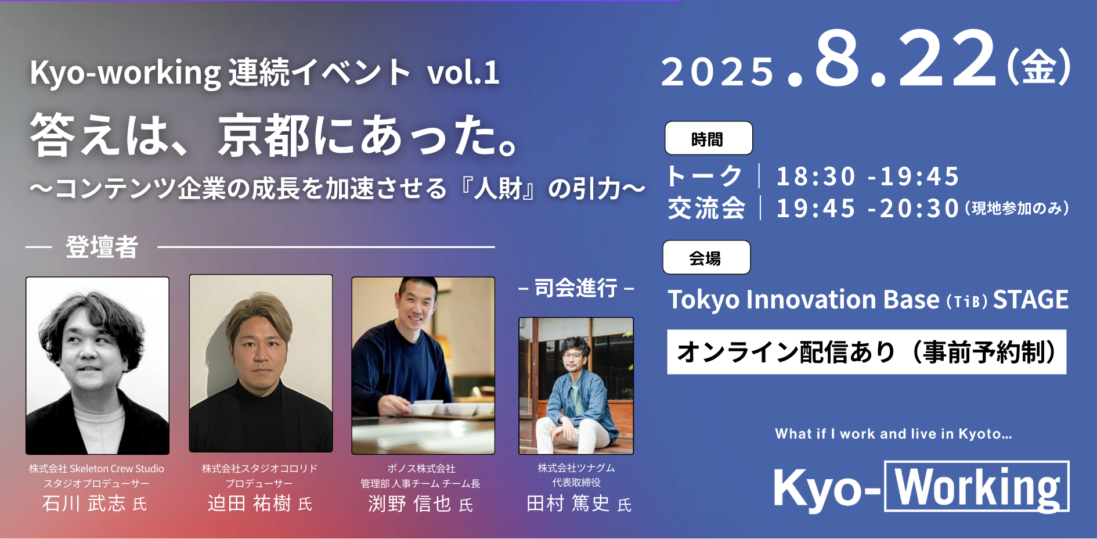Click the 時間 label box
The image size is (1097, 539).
(x=709, y=138)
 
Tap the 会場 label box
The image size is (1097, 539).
(x=706, y=257)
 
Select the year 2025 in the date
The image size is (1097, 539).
(x=717, y=72)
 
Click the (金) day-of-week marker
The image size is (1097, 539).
(x=1039, y=67)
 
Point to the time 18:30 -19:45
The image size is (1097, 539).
(x=868, y=177)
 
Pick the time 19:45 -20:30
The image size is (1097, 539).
(x=868, y=209)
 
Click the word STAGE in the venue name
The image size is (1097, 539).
(x=1030, y=300)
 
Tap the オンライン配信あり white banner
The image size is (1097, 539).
(x=867, y=352)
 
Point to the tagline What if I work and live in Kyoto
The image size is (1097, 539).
(x=893, y=434)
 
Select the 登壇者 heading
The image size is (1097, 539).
(x=102, y=247)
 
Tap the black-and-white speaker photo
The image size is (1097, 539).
(x=98, y=365)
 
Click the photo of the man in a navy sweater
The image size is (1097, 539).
(x=423, y=365)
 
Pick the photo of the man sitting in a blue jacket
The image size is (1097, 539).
(x=576, y=386)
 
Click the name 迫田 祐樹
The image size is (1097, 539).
(x=250, y=503)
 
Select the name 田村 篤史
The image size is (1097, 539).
(x=568, y=503)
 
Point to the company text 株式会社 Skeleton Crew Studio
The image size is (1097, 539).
(x=97, y=469)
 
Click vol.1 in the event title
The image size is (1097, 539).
(x=463, y=73)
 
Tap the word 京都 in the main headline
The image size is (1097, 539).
(x=264, y=135)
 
